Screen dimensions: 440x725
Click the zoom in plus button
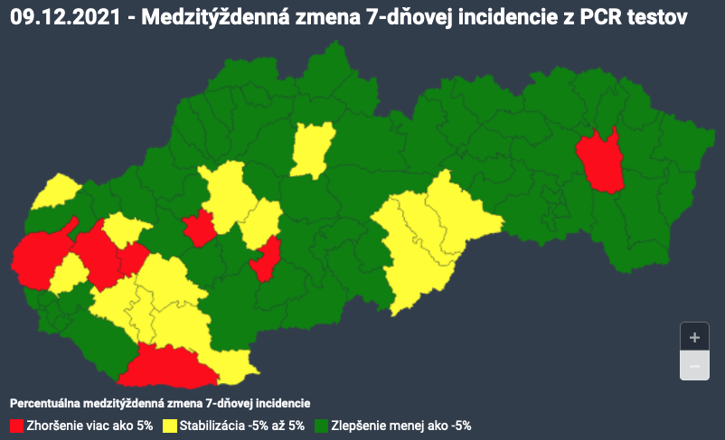pyautogui.click(x=694, y=337)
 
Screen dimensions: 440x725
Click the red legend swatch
pyautogui.click(x=16, y=425)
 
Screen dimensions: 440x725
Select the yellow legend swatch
pyautogui.click(x=170, y=425)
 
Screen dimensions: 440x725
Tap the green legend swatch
pyautogui.click(x=321, y=425)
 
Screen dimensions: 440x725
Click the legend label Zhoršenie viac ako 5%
pyautogui.click(x=89, y=425)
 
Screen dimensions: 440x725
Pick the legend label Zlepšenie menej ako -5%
pyautogui.click(x=401, y=425)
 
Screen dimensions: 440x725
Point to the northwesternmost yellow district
pyautogui.click(x=56, y=191)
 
